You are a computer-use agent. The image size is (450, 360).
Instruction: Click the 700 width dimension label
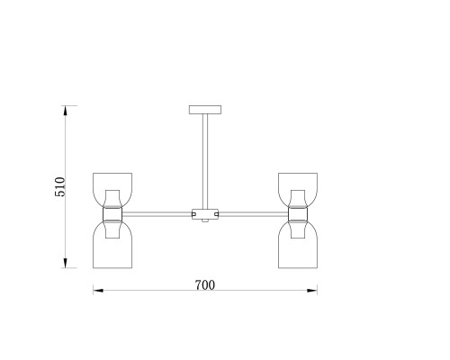[x=205, y=285]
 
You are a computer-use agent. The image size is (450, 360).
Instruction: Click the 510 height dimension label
[x=60, y=187]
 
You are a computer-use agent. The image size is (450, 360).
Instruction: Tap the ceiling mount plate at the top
[x=205, y=110]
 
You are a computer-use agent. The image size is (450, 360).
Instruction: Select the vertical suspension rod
[x=205, y=161]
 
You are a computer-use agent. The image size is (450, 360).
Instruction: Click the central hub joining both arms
[x=205, y=214]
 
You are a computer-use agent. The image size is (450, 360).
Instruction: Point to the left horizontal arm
[x=157, y=214]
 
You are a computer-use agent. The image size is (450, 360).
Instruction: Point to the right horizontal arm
[x=254, y=214]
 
